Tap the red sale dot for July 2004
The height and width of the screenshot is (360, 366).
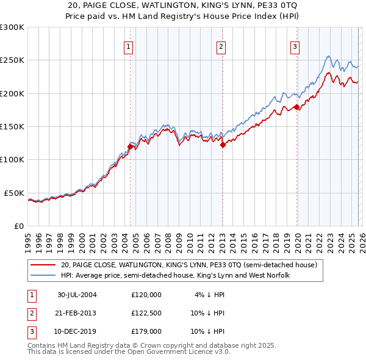point(131,146)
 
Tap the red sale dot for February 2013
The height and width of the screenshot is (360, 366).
point(223,145)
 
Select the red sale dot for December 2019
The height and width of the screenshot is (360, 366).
point(296,107)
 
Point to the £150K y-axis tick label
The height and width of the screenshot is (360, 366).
point(12,126)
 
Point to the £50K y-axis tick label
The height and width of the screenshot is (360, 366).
point(14,193)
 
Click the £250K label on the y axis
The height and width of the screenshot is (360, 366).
point(12,60)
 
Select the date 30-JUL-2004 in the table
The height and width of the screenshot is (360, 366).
point(77,294)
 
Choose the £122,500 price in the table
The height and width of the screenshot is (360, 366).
point(146,313)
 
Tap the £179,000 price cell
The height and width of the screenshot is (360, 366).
point(146,331)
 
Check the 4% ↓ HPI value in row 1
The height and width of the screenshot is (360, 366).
point(208,294)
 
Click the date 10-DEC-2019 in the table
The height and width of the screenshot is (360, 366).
point(77,331)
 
